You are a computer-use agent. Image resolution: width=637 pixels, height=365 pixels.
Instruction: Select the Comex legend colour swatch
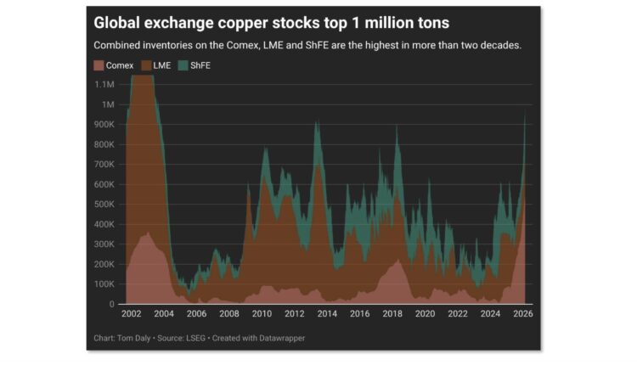(98, 65)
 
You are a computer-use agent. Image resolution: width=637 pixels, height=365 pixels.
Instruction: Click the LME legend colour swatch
(145, 65)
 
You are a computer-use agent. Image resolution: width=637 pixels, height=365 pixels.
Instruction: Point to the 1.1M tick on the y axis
(105, 85)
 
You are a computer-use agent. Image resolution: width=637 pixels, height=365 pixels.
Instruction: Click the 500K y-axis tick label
(104, 205)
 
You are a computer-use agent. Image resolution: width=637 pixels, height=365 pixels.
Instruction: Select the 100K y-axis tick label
(104, 284)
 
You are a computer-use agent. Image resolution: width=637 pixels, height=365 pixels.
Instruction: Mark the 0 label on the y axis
(112, 304)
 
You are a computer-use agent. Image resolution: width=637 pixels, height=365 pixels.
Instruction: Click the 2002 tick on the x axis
(132, 314)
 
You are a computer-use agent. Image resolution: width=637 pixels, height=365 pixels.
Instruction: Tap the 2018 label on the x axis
(393, 314)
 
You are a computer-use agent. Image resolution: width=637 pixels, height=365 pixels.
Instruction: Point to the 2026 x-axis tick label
(523, 314)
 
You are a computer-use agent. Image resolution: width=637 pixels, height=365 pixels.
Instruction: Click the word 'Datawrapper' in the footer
(283, 339)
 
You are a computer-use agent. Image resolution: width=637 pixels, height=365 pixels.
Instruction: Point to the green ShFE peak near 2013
(317, 123)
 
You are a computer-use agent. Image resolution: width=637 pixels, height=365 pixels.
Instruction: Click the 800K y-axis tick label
(104, 144)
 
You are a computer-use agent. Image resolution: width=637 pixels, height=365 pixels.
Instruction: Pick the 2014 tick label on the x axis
(328, 314)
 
